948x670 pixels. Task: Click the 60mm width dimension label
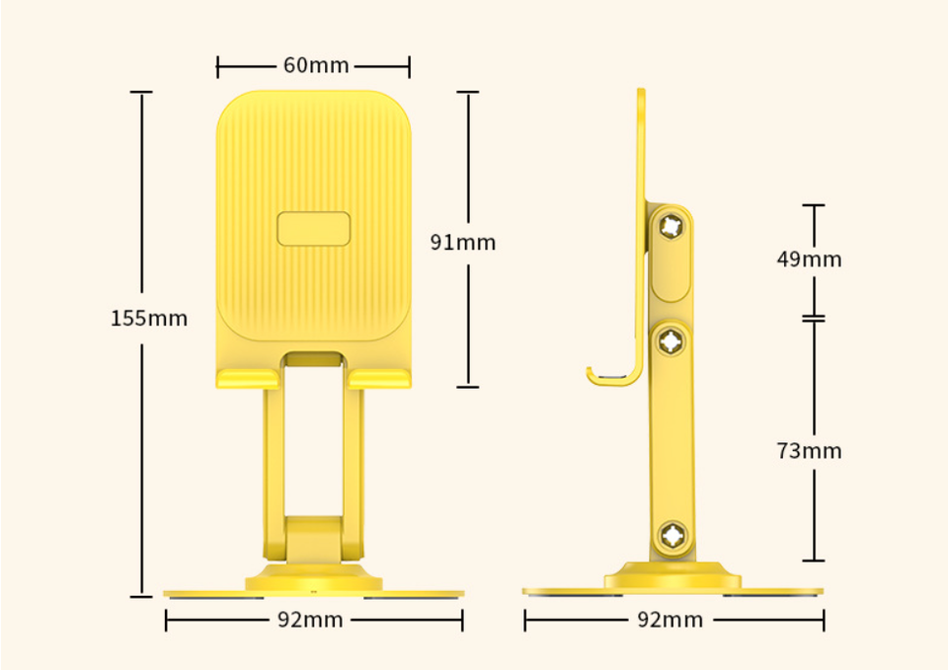pos(316,65)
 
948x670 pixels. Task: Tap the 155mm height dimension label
pos(149,319)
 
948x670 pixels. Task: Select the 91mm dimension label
pos(463,243)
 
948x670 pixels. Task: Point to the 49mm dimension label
pos(810,260)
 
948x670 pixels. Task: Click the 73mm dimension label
pos(810,451)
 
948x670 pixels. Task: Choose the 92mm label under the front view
pos(310,620)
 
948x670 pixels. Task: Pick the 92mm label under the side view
pos(671,620)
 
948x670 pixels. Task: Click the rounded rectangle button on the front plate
pos(314,229)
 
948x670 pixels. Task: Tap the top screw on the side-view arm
pos(671,227)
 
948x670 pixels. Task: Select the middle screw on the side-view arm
pos(671,341)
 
